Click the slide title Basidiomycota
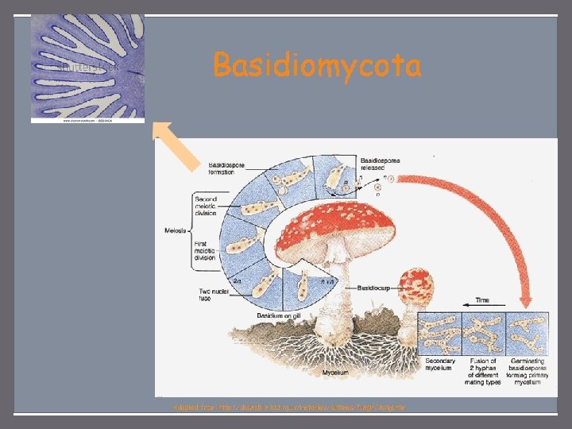[x=317, y=66]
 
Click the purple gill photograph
[x=87, y=69]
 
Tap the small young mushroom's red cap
[x=419, y=285]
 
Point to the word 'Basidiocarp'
[x=376, y=286]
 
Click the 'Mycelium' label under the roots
[x=334, y=371]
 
